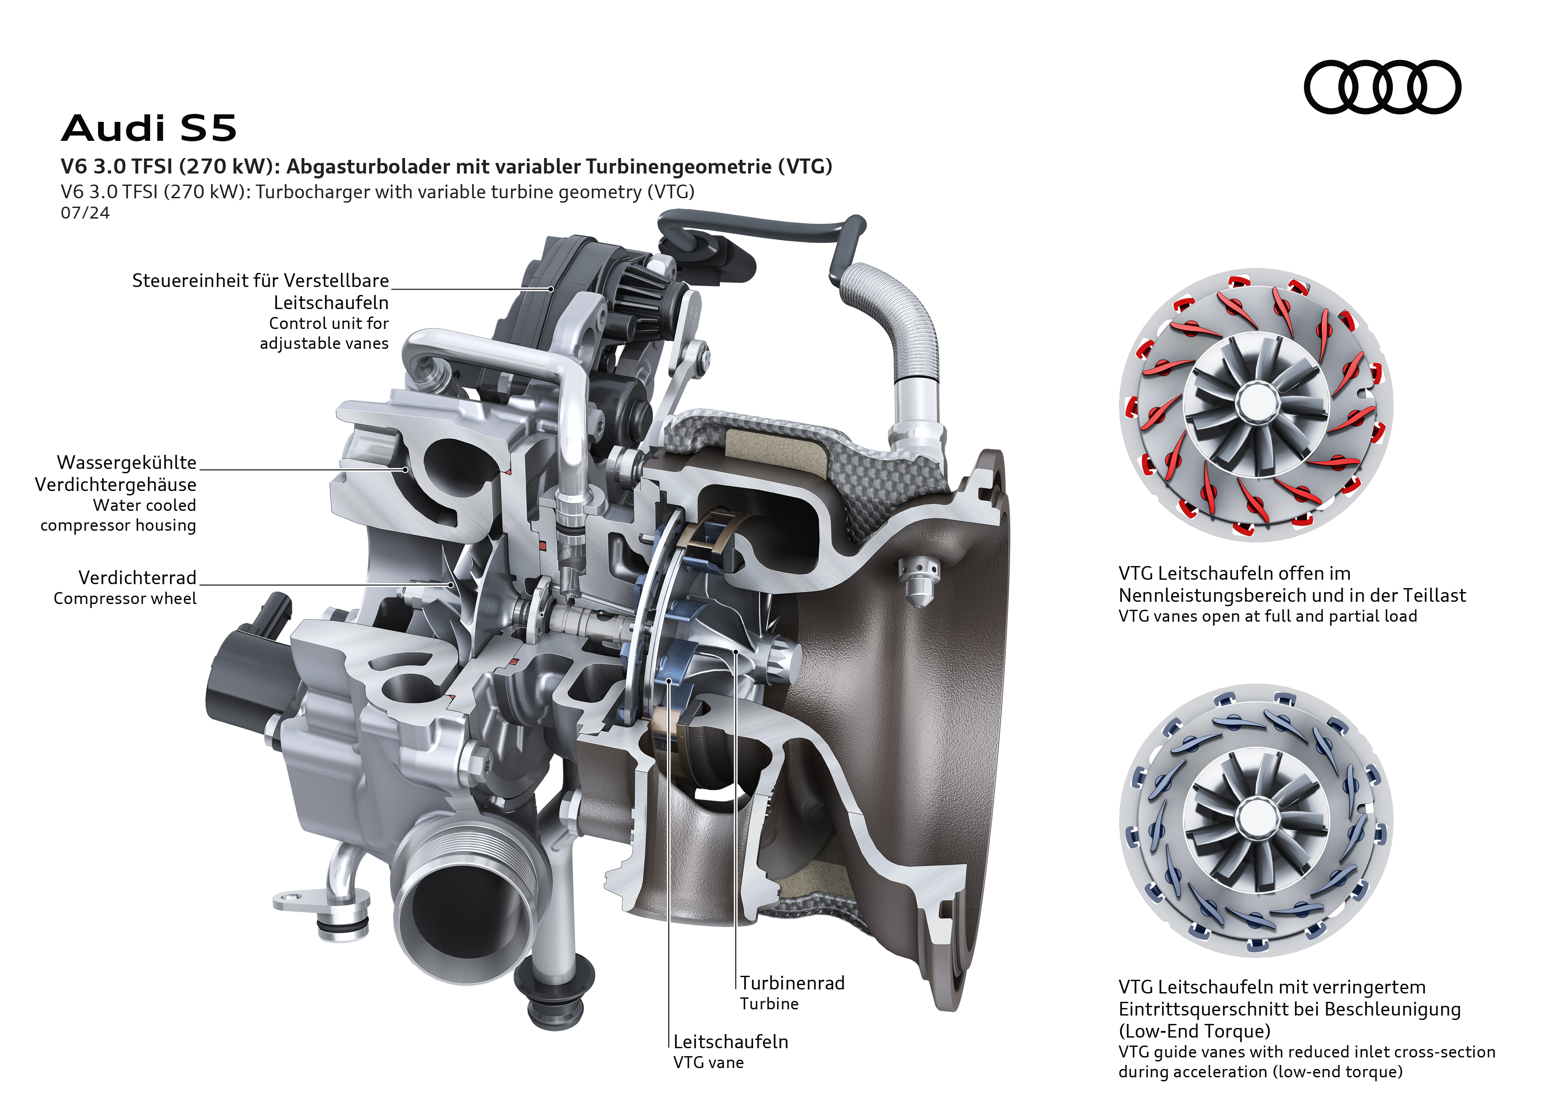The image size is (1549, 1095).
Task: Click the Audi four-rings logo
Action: (1382, 87)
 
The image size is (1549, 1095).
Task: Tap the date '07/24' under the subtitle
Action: (85, 213)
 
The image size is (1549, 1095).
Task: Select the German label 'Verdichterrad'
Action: (138, 578)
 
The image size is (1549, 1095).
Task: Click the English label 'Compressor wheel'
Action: (125, 599)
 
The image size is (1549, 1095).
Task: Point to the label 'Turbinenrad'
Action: (792, 983)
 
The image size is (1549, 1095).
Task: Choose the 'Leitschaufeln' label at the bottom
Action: (731, 1042)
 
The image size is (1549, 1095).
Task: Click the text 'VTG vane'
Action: (708, 1063)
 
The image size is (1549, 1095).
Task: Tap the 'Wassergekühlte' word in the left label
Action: (127, 463)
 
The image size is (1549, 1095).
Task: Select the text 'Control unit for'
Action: (329, 324)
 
